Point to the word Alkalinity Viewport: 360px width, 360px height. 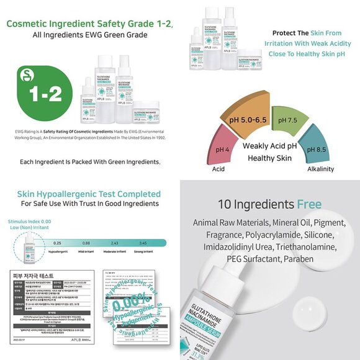pos(320,169)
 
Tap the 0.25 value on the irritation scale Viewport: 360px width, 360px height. pos(57,243)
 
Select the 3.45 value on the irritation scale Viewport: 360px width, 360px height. pos(143,243)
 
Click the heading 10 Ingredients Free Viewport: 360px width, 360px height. pos(269,204)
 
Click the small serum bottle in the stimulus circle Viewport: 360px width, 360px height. pos(29,251)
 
